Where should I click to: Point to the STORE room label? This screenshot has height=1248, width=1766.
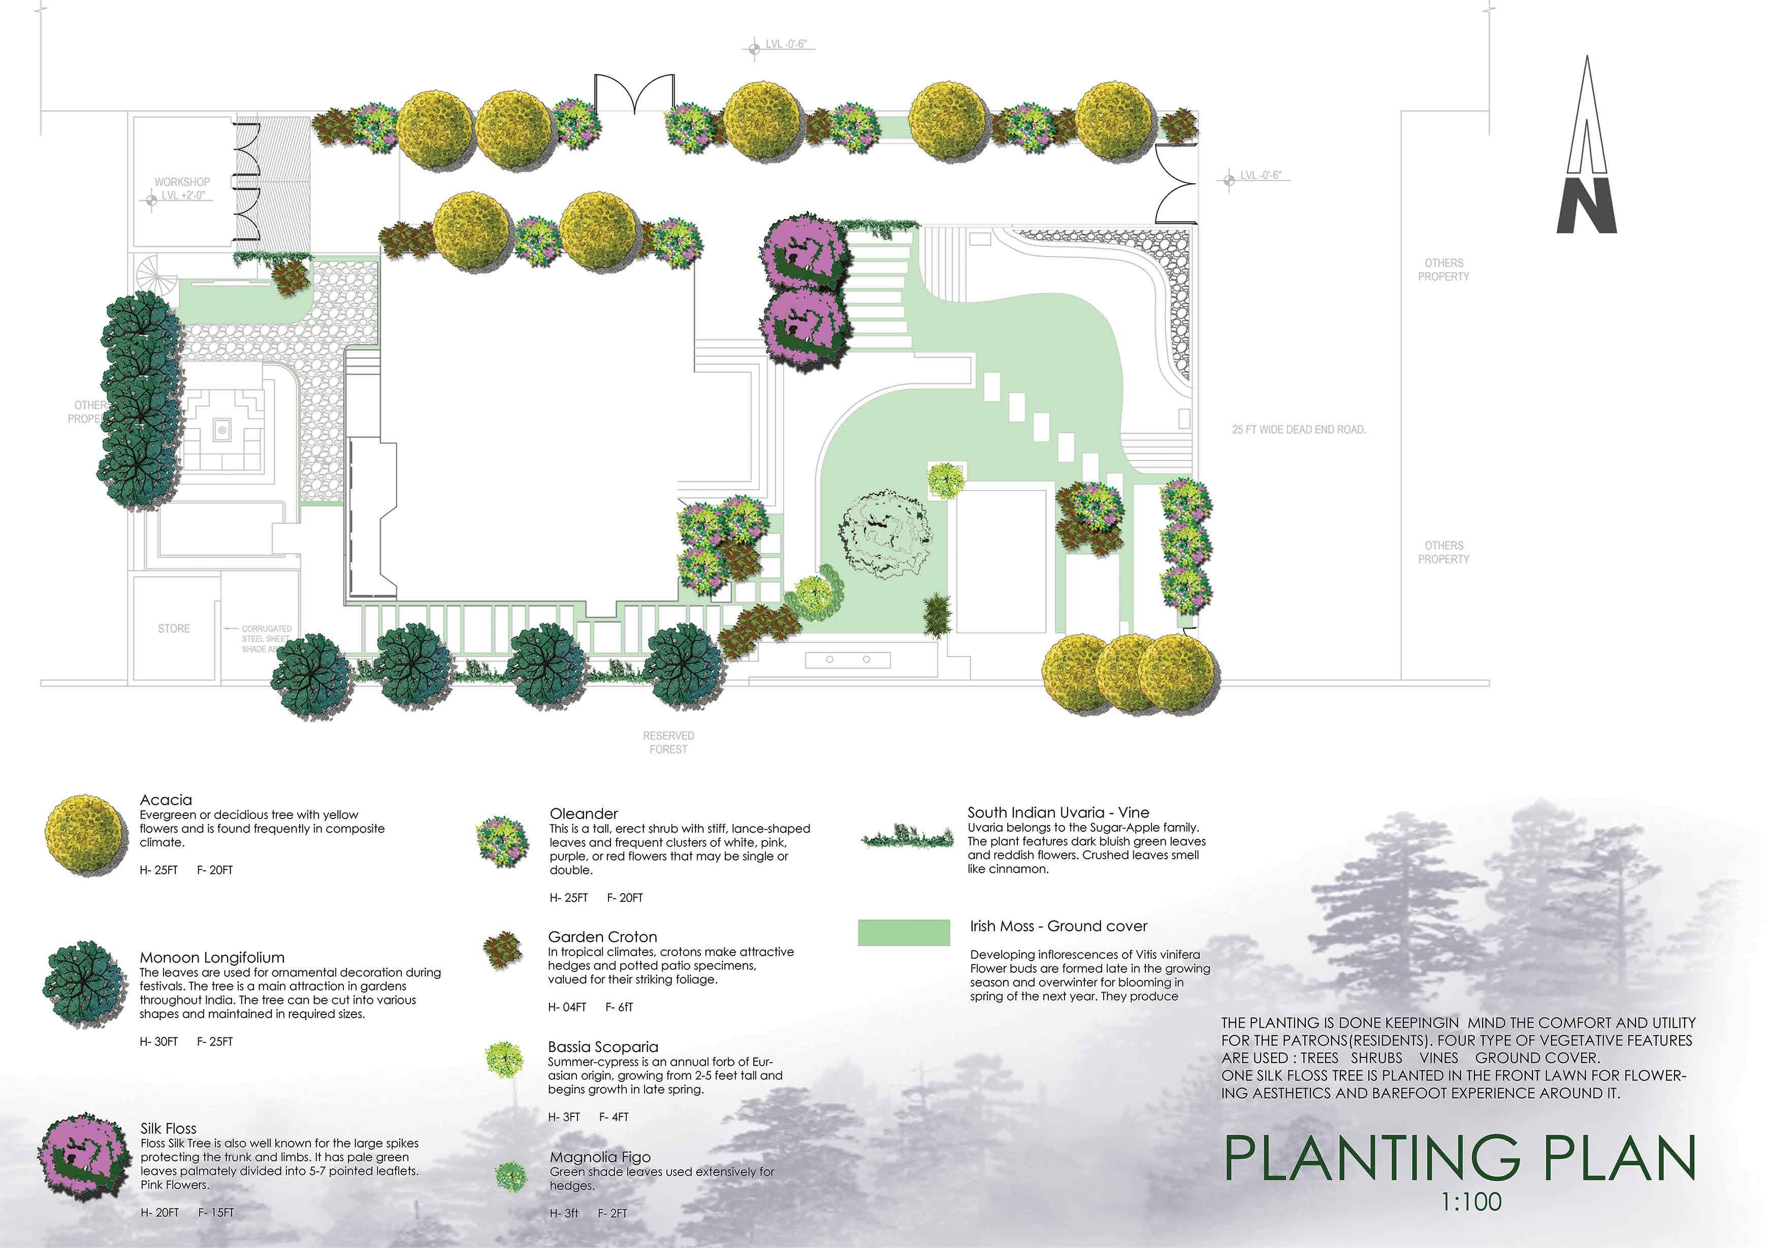[x=174, y=628]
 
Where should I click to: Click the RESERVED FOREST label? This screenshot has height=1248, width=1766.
[x=668, y=742]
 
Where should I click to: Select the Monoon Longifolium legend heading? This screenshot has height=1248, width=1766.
[x=211, y=958]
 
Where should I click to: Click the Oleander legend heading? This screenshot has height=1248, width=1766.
[x=583, y=813]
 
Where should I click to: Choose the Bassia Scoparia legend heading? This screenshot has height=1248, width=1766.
[x=602, y=1046]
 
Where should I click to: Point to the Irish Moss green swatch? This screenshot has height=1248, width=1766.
[x=903, y=932]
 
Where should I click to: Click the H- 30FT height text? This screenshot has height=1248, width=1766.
[x=158, y=1042]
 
